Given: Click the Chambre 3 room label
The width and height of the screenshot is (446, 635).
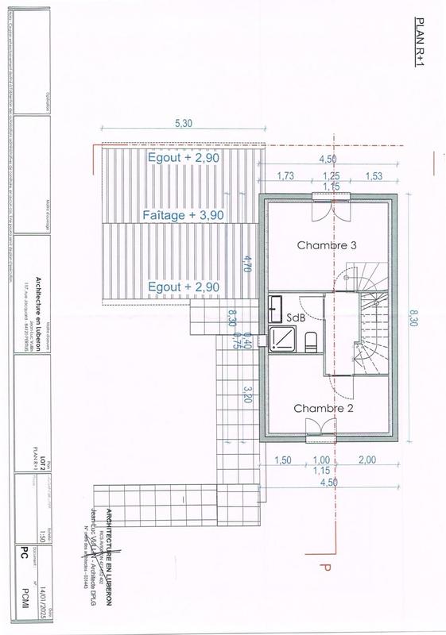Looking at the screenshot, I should click(326, 245).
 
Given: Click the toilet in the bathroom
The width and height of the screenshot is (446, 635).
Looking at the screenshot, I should click(311, 341).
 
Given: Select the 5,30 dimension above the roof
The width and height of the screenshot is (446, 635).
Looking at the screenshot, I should click(182, 124).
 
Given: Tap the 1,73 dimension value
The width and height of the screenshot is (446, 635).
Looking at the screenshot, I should click(287, 175).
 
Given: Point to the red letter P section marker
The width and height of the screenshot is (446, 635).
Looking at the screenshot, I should click(324, 568).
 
